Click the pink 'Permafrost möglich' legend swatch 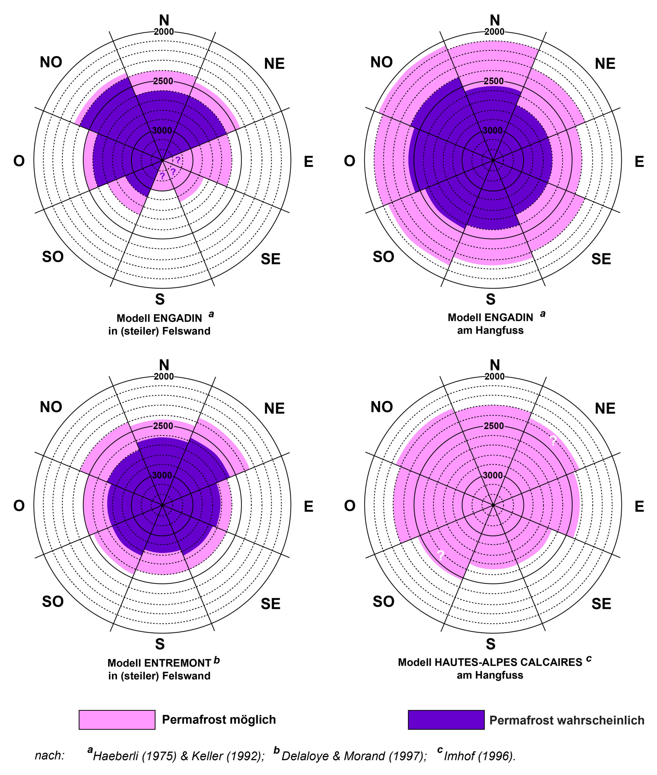pos(117,720)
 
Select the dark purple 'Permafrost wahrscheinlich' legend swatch pos(446,720)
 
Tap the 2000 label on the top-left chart pos(164,32)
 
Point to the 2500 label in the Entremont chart pos(163,426)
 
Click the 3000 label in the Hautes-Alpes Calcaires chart pos(493,475)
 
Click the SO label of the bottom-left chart pos(52,602)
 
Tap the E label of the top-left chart pos(309,162)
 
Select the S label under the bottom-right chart pos(490,644)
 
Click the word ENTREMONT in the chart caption pos(178,663)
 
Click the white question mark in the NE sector pos(553,441)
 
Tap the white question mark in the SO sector pos(440,555)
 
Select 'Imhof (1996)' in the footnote pos(480,756)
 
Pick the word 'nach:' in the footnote pos(50,755)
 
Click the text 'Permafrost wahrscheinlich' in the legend pos(566,720)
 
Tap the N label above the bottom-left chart pos(164,364)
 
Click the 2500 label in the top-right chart pos(494,81)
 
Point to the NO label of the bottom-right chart pos(381,407)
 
